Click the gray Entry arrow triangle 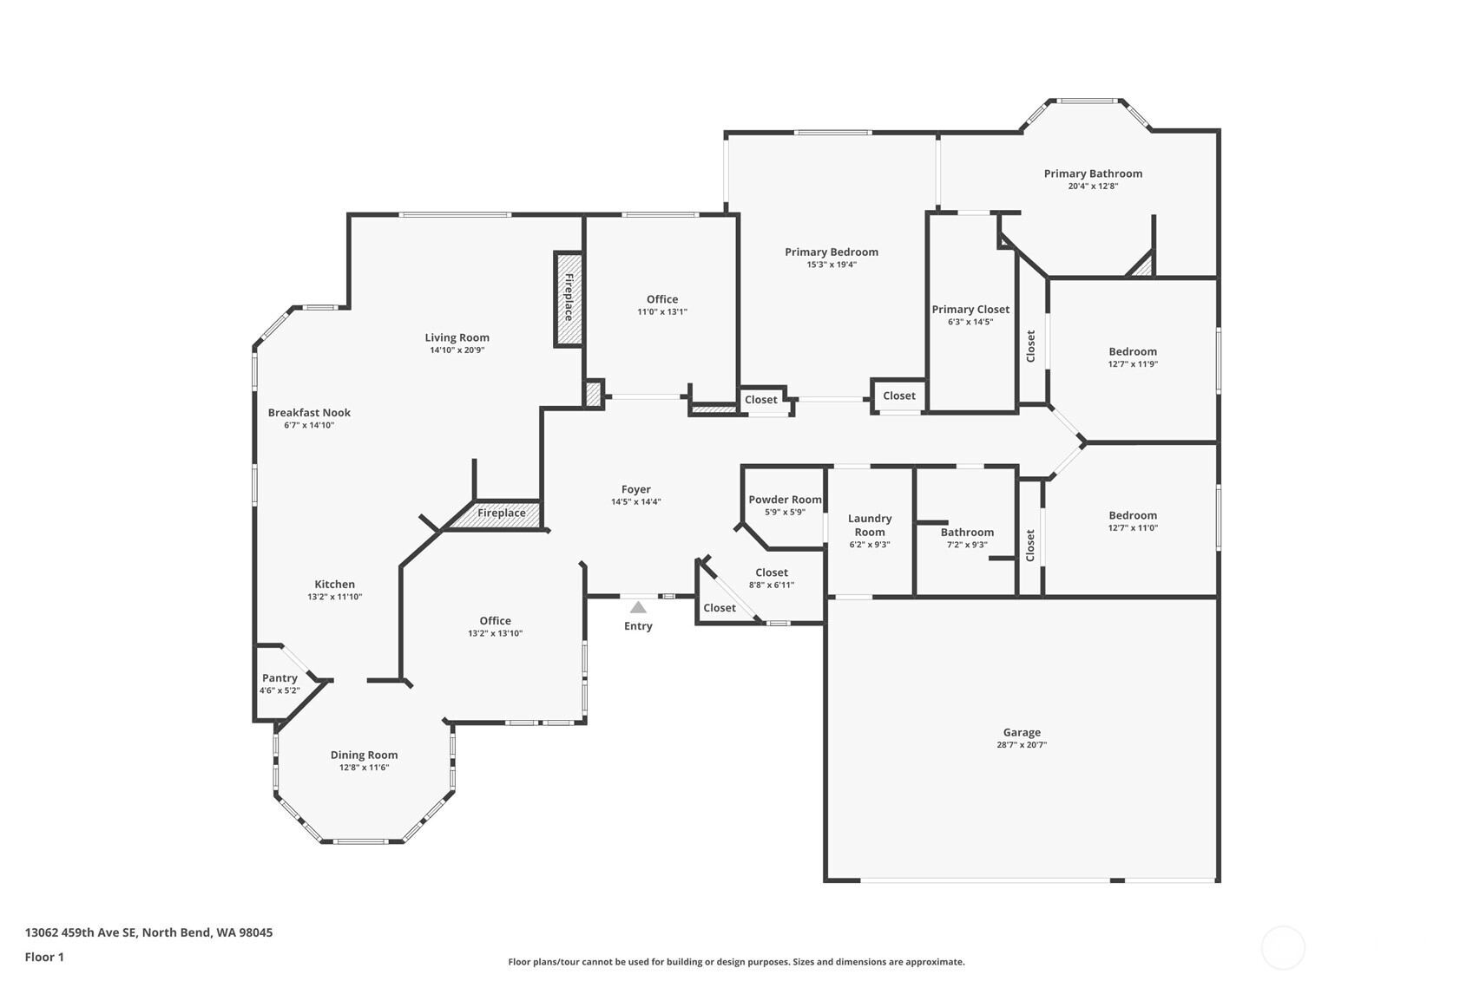638,607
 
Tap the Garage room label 1022,732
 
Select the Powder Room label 785,500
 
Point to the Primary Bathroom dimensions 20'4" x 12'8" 1093,186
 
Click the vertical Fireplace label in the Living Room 569,298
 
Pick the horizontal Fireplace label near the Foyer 501,513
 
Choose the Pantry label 279,678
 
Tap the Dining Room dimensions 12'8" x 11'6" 364,768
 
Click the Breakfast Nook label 309,413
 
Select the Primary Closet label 970,310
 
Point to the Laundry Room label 870,525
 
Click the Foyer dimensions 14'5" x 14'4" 636,502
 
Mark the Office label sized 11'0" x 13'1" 661,299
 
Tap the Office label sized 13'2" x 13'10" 495,621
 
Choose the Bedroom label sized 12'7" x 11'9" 1133,351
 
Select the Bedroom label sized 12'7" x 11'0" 1133,516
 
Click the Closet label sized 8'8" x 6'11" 772,572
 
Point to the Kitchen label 334,584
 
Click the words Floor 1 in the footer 45,957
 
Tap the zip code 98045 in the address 256,932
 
